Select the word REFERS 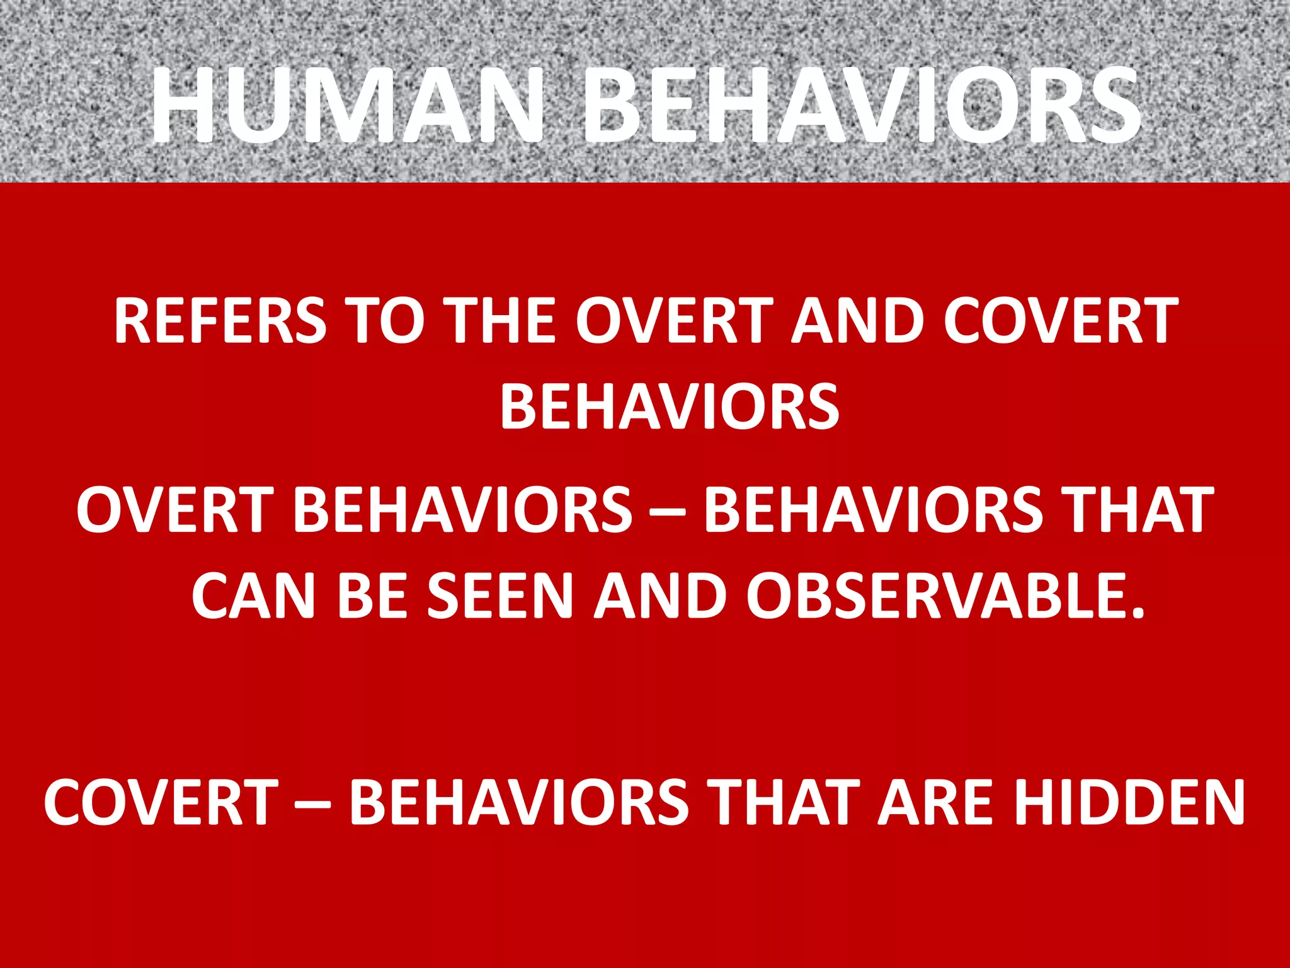[220, 321]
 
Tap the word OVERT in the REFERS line [674, 321]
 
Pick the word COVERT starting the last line [161, 802]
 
